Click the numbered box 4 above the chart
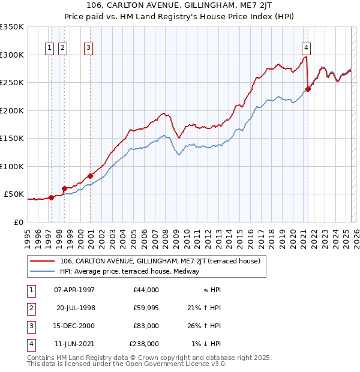pos(306,49)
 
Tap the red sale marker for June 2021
pos(308,89)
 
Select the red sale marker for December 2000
pos(91,176)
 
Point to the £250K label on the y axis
pos(12,83)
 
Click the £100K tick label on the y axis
pos(12,166)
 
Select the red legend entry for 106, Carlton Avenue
pos(160,262)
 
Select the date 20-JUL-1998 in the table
pos(76,308)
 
